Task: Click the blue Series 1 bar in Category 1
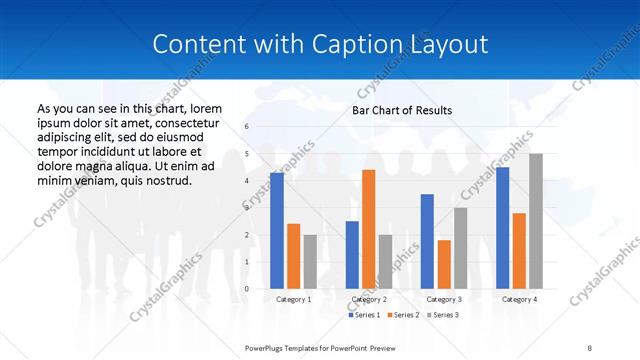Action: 276,231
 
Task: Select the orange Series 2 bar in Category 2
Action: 368,229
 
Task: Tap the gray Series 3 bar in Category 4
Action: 536,221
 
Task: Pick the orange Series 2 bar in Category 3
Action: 444,264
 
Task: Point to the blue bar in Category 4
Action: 502,228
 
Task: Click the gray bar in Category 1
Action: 310,262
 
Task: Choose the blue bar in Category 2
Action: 352,255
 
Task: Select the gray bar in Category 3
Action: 460,248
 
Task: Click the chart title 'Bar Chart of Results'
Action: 403,110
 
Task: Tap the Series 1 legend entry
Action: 363,316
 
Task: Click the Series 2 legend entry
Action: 404,316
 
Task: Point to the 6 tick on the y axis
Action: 247,127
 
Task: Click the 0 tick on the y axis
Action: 247,289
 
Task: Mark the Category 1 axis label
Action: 293,299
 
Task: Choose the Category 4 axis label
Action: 519,299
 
